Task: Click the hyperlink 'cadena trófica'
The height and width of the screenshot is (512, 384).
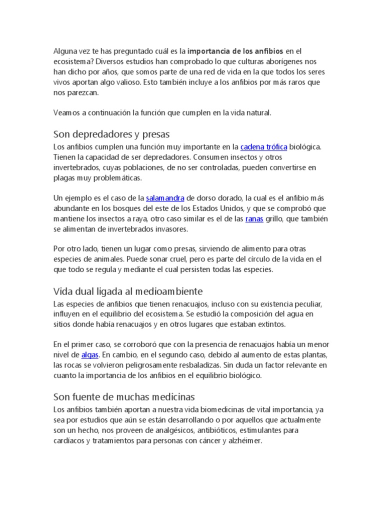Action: [263, 147]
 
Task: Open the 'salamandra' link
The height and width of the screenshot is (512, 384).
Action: [165, 198]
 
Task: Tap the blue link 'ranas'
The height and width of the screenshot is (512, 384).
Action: [254, 219]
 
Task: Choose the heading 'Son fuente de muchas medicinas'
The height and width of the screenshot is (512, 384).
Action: [123, 397]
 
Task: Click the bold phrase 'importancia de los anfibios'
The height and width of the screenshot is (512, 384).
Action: [236, 51]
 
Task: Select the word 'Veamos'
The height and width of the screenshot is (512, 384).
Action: [66, 113]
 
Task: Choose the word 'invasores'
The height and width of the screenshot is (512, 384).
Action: [170, 229]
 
